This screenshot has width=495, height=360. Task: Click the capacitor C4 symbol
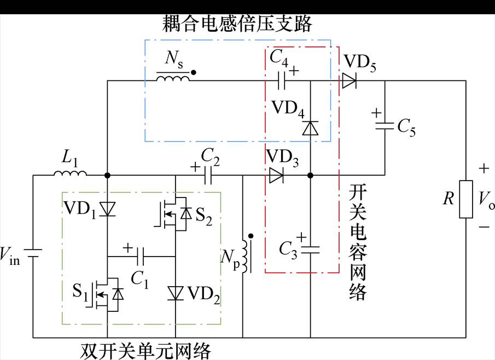tap(282, 82)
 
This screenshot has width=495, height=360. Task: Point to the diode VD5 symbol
tap(348, 82)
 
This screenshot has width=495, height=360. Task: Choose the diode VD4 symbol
tap(310, 127)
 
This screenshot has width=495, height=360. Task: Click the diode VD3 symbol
tap(276, 176)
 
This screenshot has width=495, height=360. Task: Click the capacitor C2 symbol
tap(207, 176)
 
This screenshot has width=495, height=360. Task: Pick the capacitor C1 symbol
tap(141, 256)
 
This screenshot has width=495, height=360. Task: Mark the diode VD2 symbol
tap(176, 293)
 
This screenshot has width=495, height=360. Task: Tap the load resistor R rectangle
tap(465, 199)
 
